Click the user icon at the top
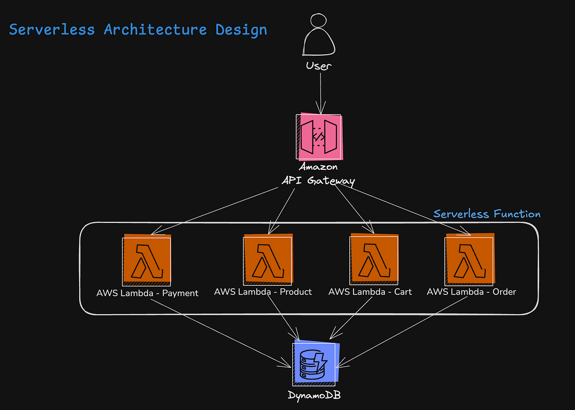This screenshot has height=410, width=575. click(319, 35)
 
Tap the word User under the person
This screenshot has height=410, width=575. click(319, 66)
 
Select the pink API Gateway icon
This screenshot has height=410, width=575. click(319, 137)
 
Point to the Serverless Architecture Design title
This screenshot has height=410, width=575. click(138, 30)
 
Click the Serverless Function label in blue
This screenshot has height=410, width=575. click(487, 214)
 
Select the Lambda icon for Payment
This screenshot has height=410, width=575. click(147, 259)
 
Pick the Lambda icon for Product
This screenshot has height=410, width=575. click(268, 259)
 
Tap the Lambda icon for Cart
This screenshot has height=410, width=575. click(374, 259)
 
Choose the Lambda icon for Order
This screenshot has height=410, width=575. click(470, 259)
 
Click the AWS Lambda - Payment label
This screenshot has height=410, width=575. click(148, 293)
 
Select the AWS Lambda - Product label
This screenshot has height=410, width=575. click(263, 292)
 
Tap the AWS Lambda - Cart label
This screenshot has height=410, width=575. click(370, 292)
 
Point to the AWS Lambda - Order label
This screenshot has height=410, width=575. click(471, 292)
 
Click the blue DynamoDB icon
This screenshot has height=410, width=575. click(315, 363)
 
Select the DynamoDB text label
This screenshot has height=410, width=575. click(315, 396)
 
